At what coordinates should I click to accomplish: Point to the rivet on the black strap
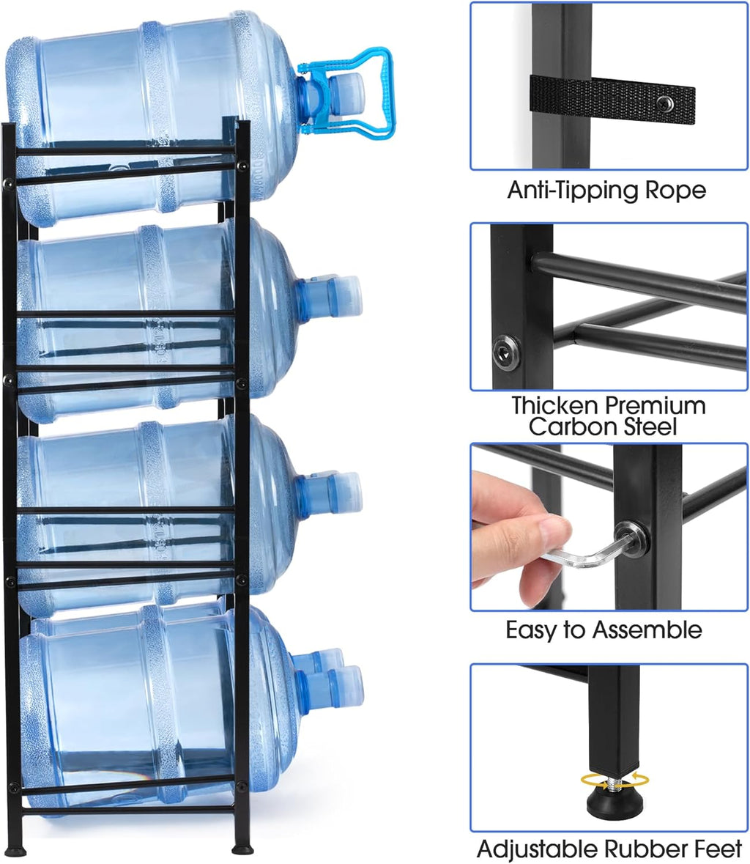coord(666,103)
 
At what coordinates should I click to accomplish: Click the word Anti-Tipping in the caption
coord(573,191)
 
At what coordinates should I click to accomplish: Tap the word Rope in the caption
coord(675,191)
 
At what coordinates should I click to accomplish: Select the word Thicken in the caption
coord(560,405)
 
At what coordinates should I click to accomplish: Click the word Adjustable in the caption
coord(538,849)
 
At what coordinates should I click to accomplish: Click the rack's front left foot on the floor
coord(15,850)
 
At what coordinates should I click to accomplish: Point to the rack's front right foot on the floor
coord(242,849)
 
